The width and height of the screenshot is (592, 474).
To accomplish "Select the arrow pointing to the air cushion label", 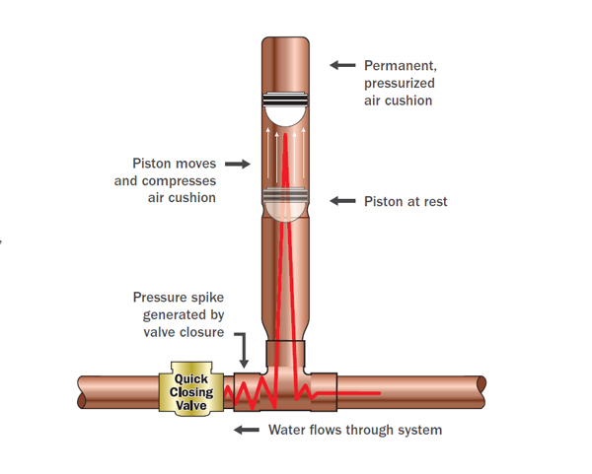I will [341, 65].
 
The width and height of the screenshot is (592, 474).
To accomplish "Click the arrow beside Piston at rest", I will [341, 201].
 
